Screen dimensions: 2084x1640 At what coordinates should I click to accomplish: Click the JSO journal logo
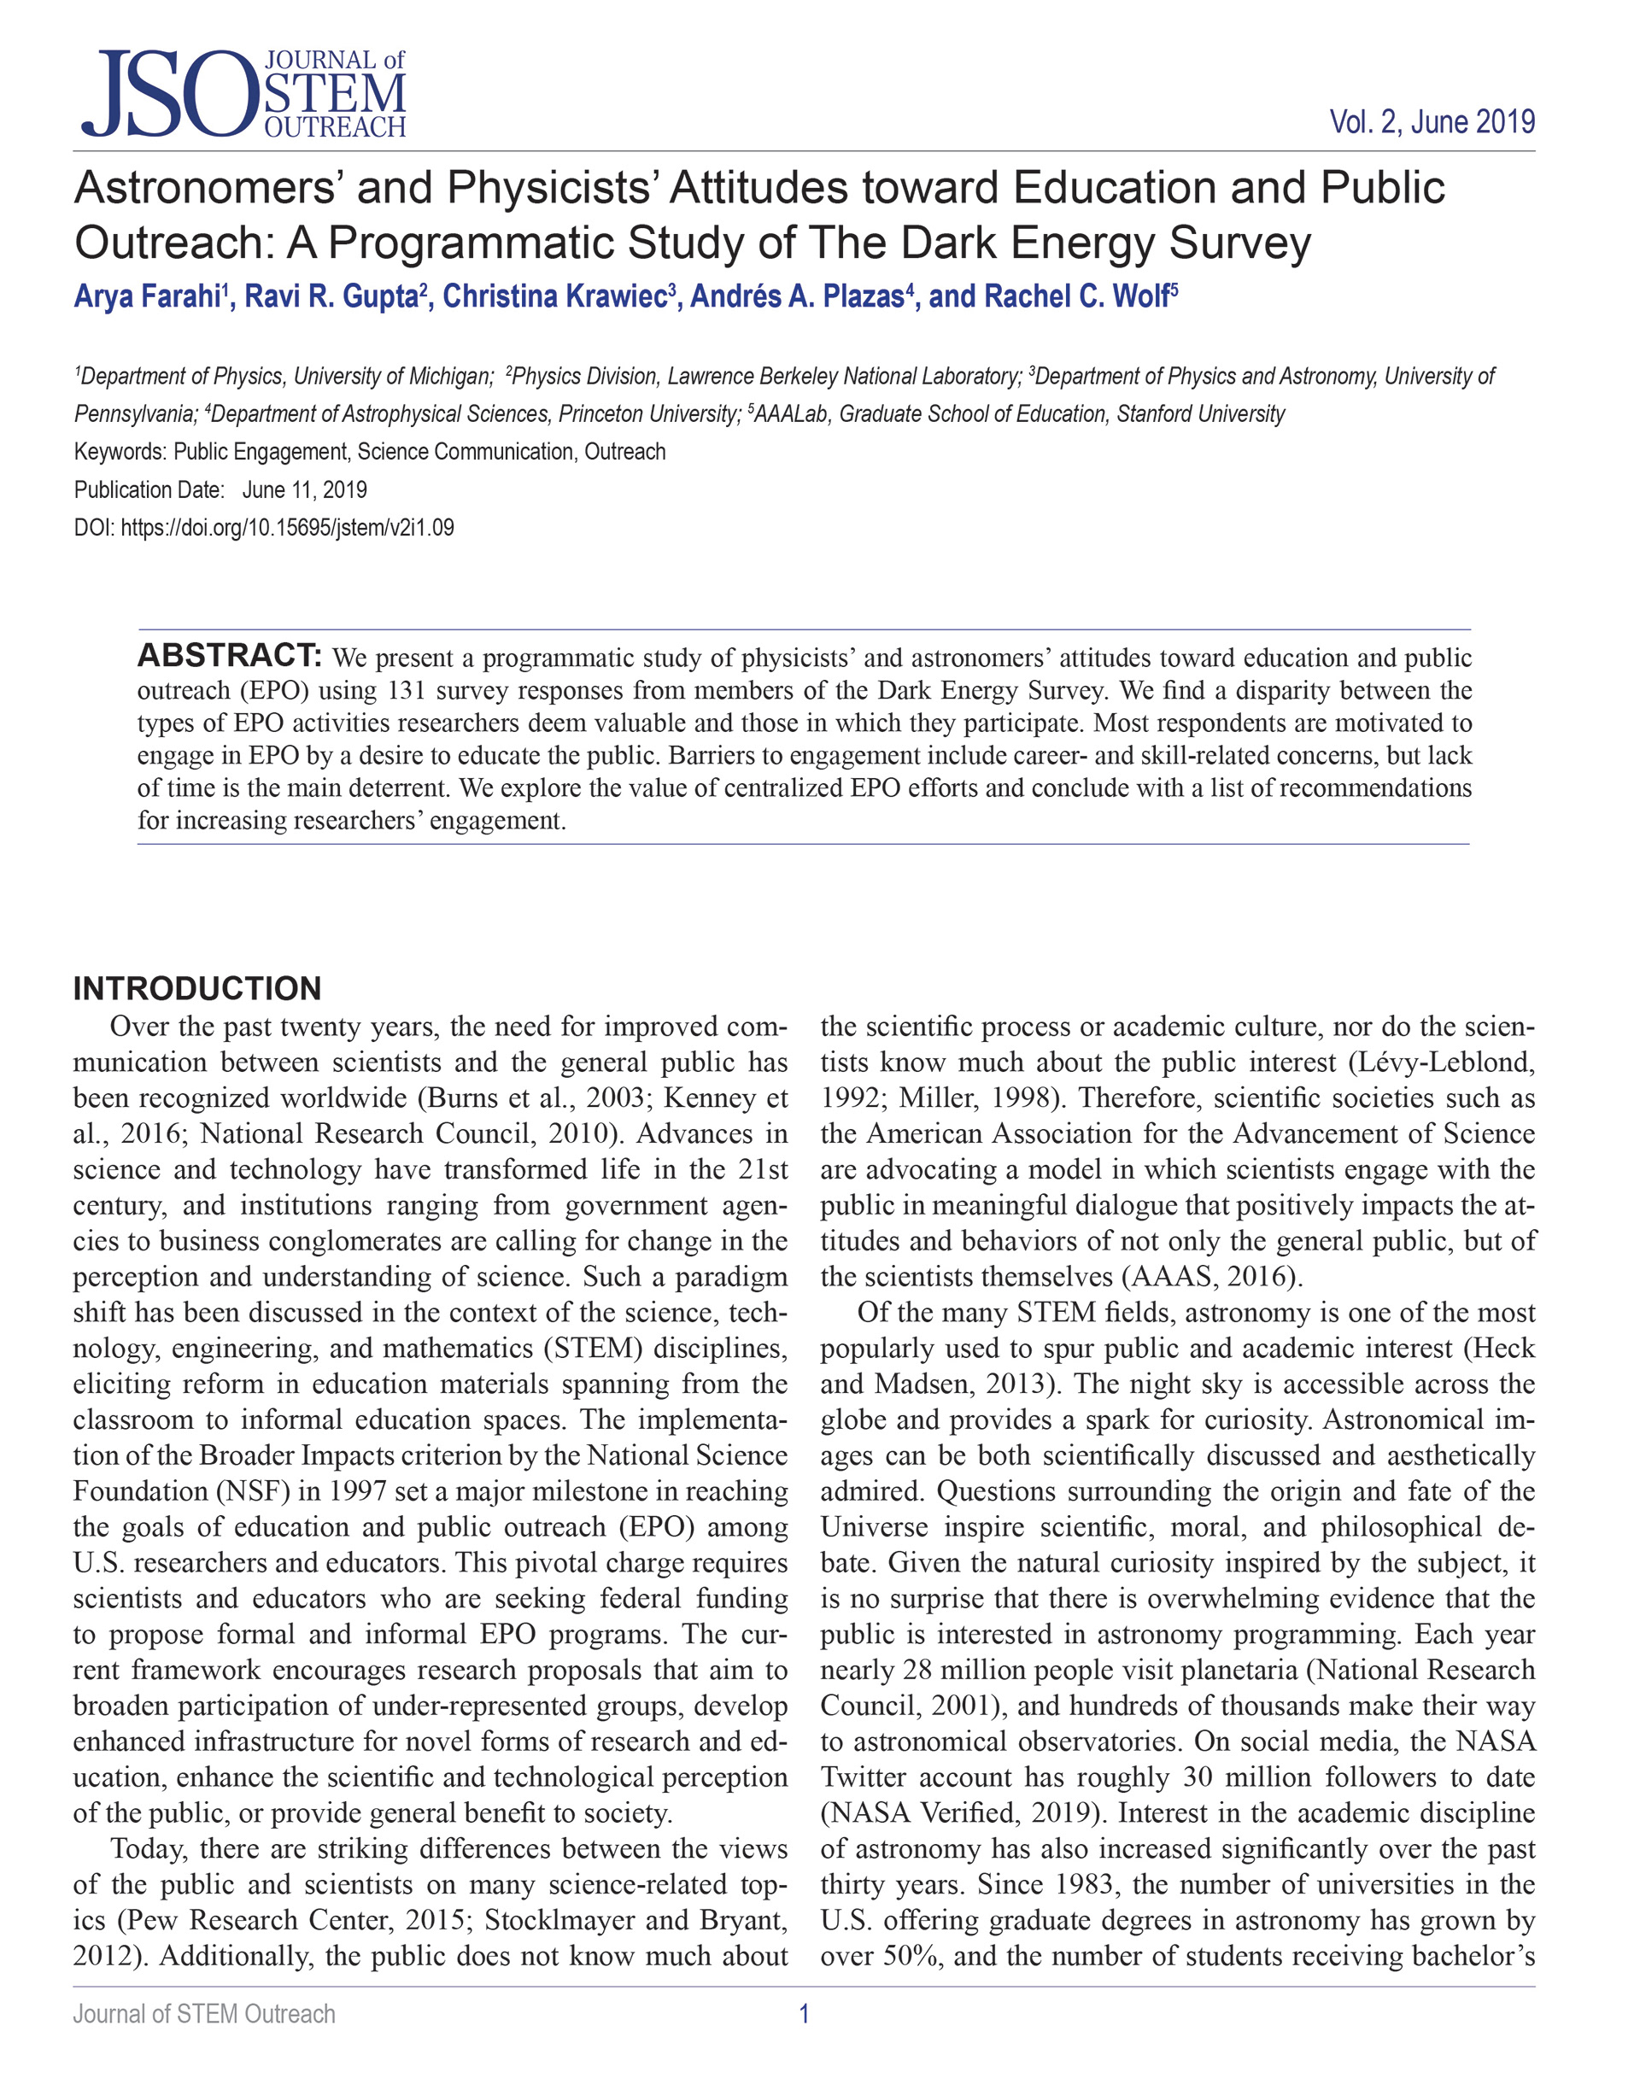(x=243, y=94)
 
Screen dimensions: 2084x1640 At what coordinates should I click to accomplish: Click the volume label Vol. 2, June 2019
(x=1431, y=123)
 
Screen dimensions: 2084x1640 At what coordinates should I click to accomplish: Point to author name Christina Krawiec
(x=555, y=296)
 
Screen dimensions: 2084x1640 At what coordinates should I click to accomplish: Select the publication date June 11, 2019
(x=304, y=490)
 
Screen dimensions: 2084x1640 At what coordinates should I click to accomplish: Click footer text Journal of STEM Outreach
(x=204, y=2015)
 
